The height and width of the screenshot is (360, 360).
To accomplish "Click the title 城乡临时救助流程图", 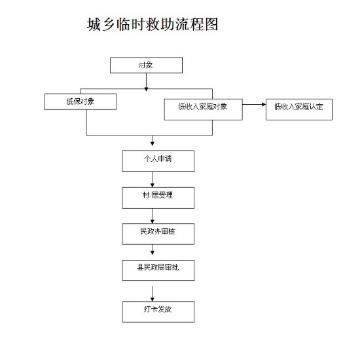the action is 153,24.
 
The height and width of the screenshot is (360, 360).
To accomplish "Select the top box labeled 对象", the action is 146,65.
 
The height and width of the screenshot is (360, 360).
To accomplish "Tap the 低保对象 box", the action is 81,101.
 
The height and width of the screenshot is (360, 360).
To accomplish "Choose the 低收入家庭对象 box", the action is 203,109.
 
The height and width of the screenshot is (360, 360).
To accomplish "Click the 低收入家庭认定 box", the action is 299,109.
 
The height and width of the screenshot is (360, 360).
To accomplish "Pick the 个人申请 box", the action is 158,161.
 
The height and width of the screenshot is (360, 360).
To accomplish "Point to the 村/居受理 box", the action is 158,198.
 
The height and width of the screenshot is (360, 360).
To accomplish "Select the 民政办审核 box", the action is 158,234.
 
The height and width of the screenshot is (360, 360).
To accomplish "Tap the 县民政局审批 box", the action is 158,270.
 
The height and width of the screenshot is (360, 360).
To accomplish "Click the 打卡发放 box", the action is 158,312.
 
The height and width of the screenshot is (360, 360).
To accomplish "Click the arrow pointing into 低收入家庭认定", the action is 254,105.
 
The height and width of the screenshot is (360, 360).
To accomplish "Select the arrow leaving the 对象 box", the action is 146,82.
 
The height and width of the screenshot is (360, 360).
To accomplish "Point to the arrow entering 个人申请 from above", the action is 153,141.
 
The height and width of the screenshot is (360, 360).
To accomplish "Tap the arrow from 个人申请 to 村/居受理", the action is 153,179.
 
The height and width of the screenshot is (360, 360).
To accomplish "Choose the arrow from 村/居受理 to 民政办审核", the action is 153,216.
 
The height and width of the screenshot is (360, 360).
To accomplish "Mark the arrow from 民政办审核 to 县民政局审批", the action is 153,249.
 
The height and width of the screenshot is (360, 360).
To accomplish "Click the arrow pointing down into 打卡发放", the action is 153,294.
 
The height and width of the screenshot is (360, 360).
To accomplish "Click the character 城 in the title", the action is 94,24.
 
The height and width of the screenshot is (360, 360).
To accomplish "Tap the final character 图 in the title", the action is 211,24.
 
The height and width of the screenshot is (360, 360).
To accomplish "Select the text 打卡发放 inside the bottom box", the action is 158,309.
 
